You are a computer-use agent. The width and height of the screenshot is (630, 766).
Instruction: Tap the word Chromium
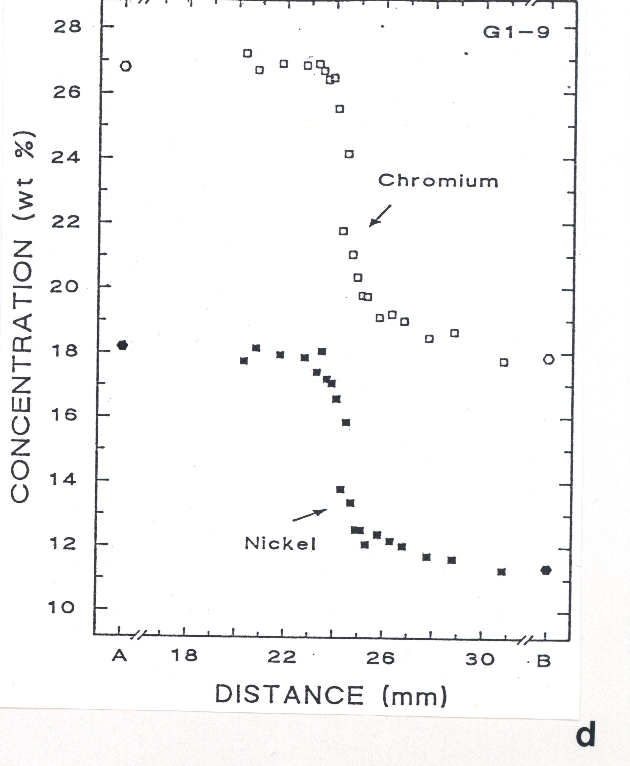pos(438,180)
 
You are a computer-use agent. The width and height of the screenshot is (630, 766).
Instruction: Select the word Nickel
pos(280,543)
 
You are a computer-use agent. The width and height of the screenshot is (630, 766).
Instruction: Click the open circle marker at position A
pos(125,66)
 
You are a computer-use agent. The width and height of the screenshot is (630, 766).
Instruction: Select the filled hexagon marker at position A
pos(122,345)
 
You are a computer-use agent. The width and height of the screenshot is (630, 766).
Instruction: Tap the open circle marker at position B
pos(549,360)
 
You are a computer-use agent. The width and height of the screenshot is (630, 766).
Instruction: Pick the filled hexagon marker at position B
pos(546,571)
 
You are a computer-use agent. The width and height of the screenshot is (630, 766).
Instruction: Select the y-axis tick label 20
pos(64,287)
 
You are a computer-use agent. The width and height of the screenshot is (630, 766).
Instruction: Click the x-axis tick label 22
pos(282,657)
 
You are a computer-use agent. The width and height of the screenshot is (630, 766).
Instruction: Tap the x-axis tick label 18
pos(184,656)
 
